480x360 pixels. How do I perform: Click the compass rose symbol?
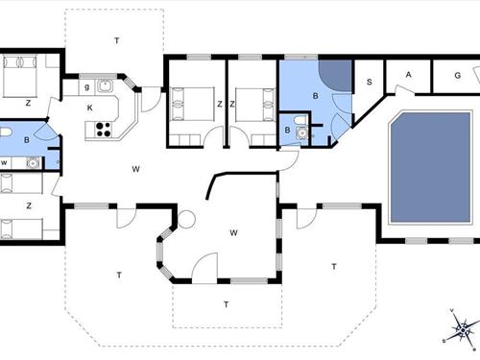[461, 331]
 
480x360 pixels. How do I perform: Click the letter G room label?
[458, 75]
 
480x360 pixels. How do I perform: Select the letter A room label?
[408, 75]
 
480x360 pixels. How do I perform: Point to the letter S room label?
[370, 82]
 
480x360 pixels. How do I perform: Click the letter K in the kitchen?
[89, 108]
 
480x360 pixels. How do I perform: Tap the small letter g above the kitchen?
[86, 87]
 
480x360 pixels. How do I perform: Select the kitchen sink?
[105, 87]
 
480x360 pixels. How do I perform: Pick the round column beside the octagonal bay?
[187, 219]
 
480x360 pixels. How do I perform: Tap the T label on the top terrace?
[117, 39]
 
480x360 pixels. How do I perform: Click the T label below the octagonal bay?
[226, 304]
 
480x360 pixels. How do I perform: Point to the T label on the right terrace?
[334, 266]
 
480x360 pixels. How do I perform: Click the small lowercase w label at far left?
[5, 163]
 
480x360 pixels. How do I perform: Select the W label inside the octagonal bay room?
[233, 232]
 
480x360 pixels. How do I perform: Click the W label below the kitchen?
[136, 169]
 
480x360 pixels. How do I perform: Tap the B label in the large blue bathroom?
[315, 97]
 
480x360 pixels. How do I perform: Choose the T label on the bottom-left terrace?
[119, 275]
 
